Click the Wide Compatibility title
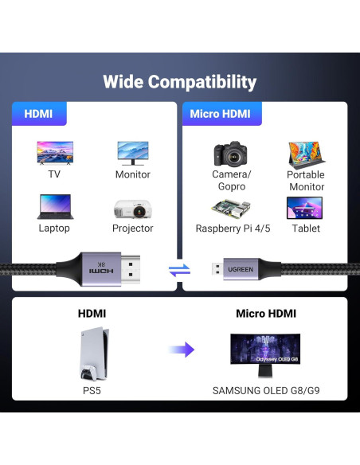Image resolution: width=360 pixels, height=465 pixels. [180, 82]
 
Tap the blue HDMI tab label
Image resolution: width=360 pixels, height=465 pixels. [38, 114]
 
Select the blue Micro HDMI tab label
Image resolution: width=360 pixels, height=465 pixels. [220, 114]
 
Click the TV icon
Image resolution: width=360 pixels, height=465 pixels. [54, 152]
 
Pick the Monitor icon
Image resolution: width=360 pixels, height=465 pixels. [132, 152]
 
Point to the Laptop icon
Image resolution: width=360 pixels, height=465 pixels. [54, 207]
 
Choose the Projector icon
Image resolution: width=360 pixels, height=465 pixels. [133, 208]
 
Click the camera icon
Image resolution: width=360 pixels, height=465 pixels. [231, 153]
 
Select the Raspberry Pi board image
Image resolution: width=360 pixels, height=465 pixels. [232, 209]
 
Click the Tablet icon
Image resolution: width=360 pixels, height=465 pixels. [306, 208]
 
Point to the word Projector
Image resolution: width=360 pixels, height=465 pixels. [133, 229]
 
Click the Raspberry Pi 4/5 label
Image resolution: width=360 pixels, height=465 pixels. [233, 229]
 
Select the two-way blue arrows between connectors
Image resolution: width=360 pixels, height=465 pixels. [180, 269]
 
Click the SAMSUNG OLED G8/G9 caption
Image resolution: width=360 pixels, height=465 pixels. [265, 391]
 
